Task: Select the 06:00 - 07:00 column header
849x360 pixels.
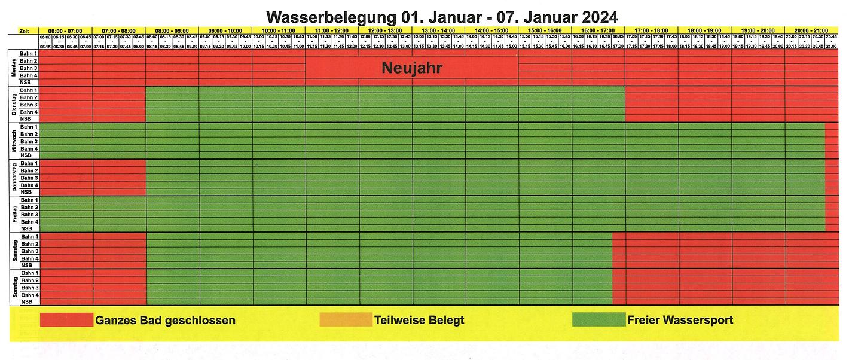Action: click(66, 30)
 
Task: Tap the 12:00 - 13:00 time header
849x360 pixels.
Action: click(385, 30)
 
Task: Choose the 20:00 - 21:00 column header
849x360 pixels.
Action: click(811, 30)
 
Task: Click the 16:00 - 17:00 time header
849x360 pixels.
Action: click(598, 30)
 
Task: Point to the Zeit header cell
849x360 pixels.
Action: click(25, 30)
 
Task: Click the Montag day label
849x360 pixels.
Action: click(15, 68)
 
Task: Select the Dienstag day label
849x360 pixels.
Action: click(15, 104)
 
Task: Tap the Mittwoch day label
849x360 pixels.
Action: click(15, 141)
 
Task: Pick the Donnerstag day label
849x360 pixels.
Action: click(15, 178)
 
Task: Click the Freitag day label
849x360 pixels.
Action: click(15, 214)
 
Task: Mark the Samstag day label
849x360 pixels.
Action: click(15, 251)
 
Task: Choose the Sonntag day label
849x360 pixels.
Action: click(15, 288)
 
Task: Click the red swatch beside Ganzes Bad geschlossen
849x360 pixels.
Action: click(66, 320)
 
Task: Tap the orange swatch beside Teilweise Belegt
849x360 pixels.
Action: click(346, 320)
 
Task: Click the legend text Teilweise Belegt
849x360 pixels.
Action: click(419, 320)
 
